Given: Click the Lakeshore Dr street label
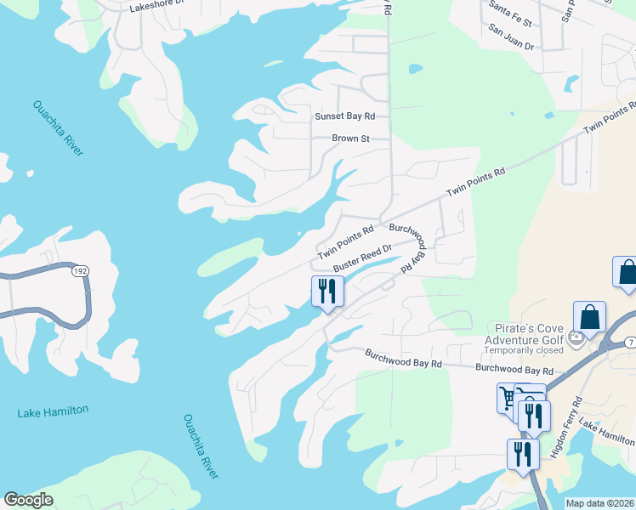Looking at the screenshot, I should tap(156, 7).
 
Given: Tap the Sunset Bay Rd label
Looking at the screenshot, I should tap(344, 116).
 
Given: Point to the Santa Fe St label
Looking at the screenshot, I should tap(510, 20).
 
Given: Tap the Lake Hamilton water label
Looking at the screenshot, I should tap(53, 411).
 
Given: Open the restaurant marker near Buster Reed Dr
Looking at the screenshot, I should tap(327, 292).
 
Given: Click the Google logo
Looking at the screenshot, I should tap(28, 500).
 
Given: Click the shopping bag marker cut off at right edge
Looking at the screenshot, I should tap(627, 273).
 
